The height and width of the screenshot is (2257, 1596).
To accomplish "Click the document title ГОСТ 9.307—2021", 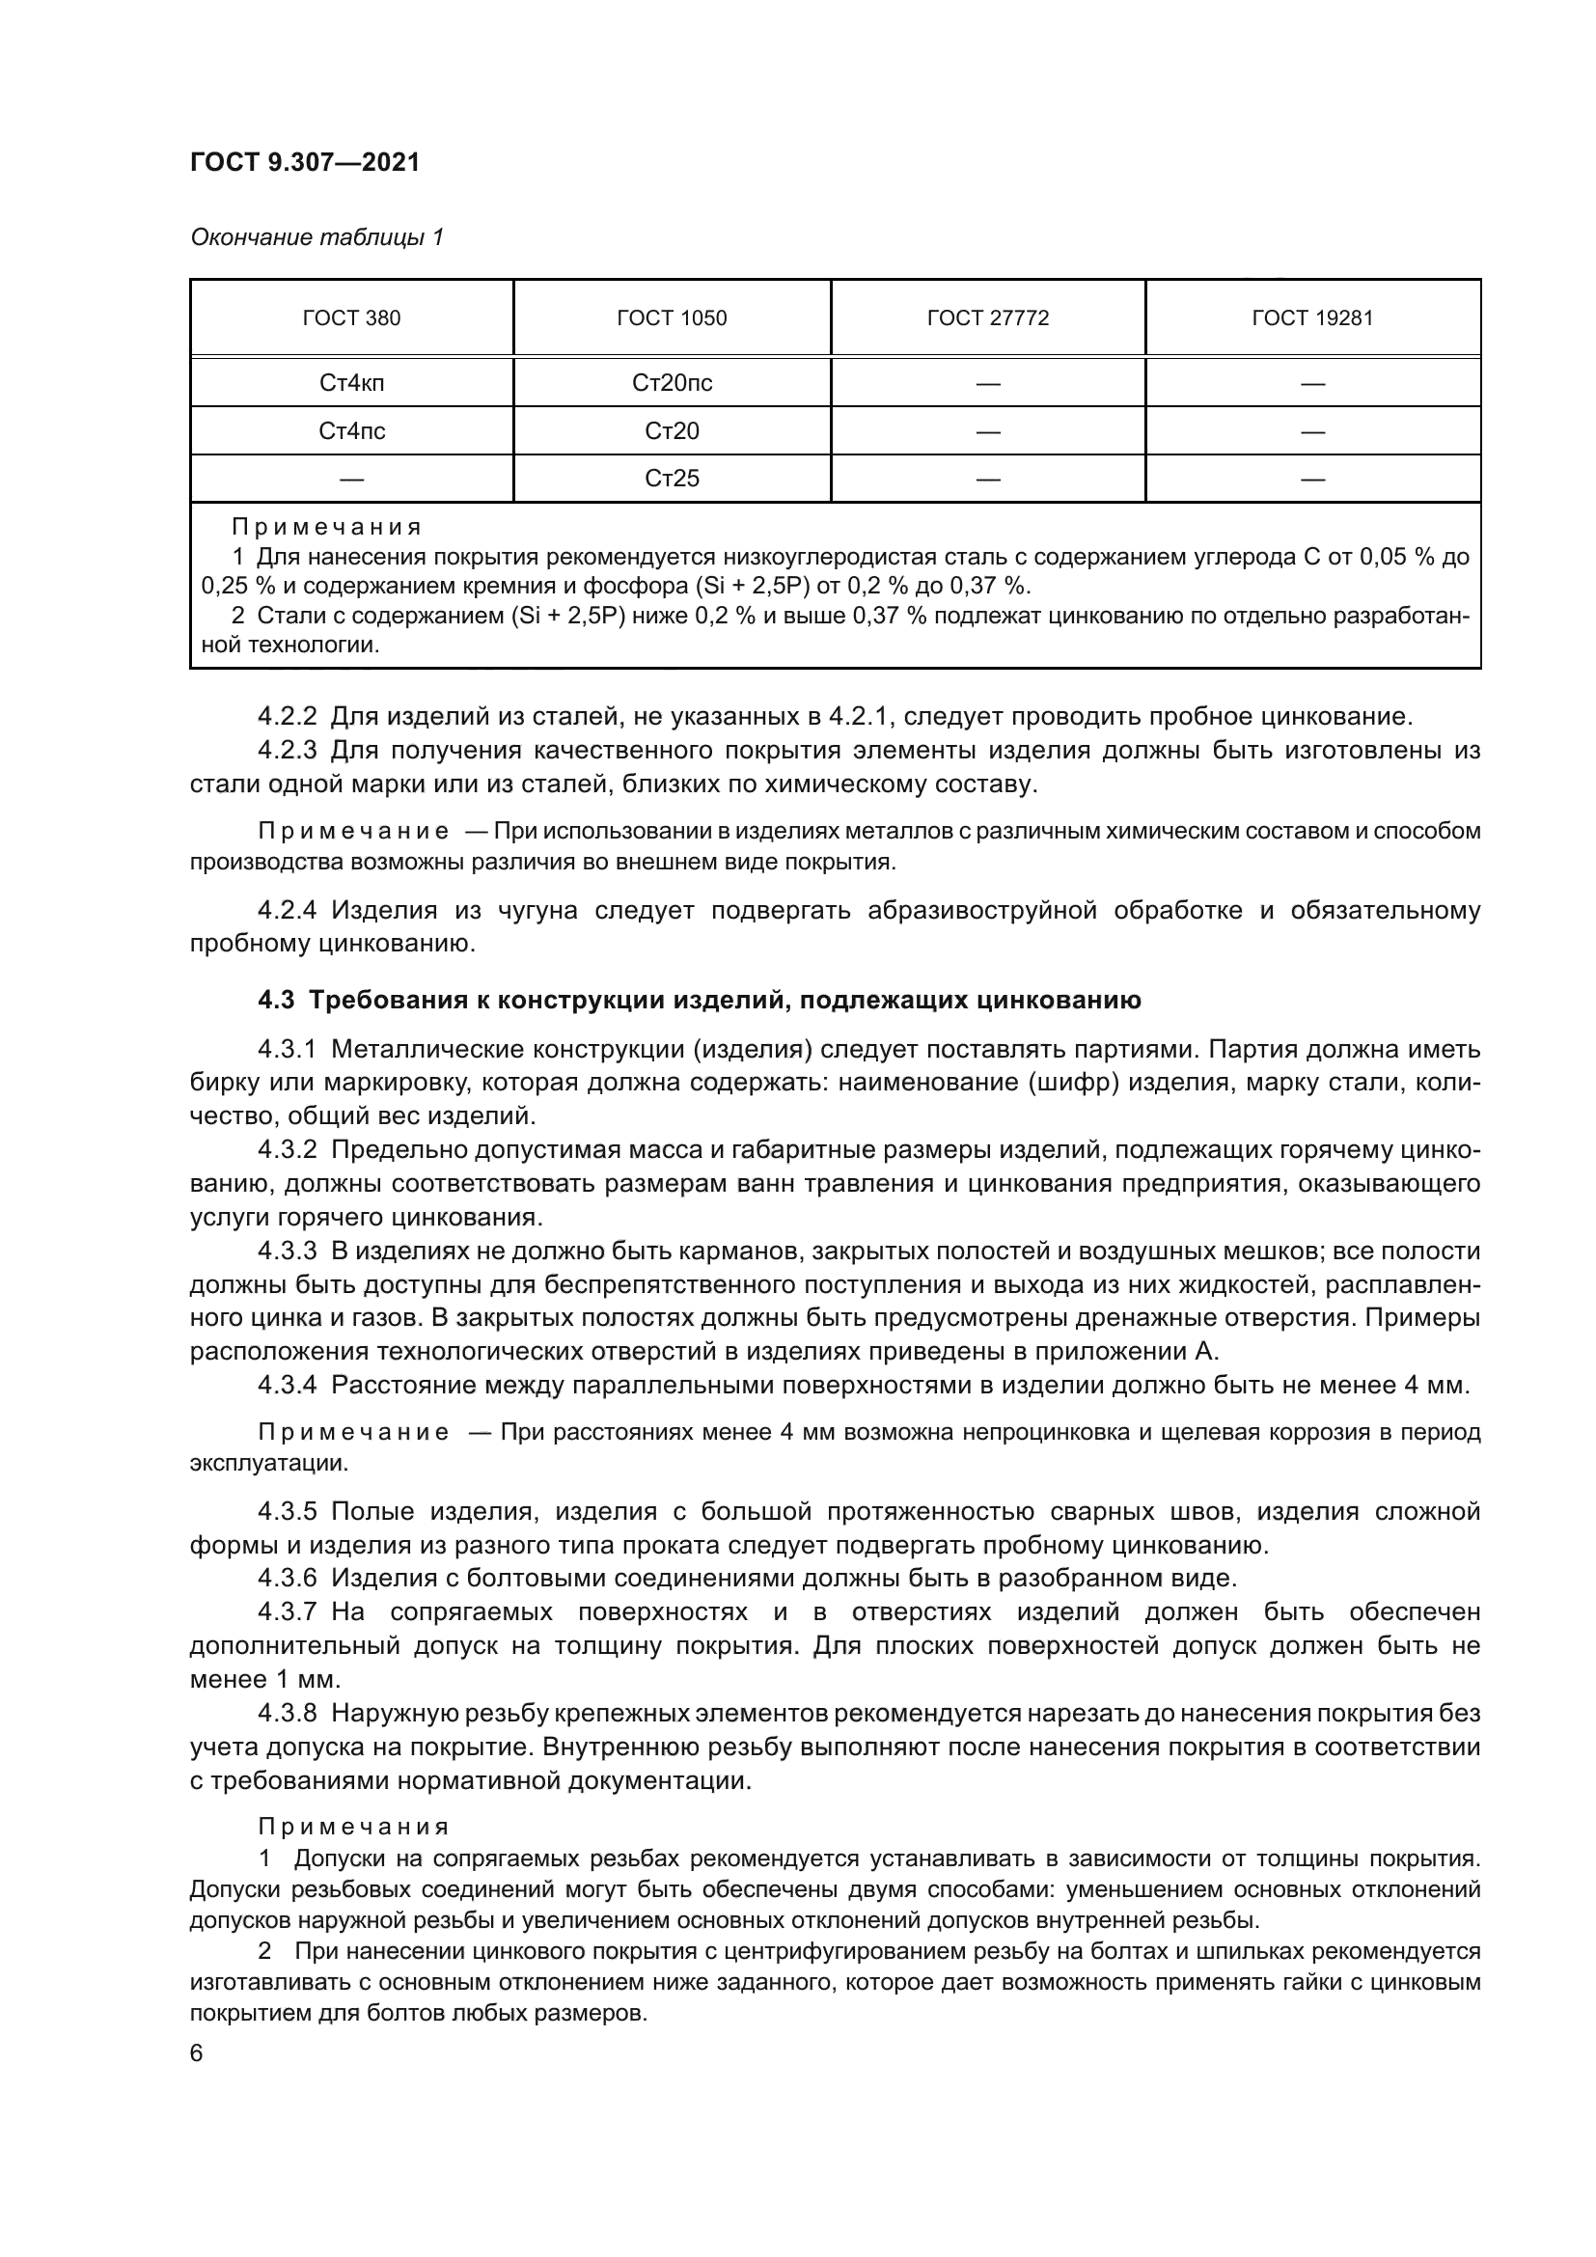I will (305, 162).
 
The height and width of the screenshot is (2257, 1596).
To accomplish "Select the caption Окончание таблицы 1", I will (316, 237).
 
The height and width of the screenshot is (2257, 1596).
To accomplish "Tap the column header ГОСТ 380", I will (352, 318).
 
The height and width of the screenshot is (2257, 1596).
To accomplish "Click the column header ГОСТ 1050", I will (673, 318).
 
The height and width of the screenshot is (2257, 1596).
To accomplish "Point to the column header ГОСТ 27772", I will (988, 318).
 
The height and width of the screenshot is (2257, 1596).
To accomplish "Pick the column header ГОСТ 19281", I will (1312, 318).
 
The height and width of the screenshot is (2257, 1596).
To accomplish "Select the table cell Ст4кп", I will (352, 383).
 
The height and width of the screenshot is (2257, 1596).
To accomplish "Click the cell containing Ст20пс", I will (673, 383).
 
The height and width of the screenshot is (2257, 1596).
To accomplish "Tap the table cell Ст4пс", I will (352, 430).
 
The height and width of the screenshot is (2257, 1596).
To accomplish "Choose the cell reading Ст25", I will (673, 479).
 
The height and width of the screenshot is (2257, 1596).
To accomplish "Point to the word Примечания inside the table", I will (326, 528).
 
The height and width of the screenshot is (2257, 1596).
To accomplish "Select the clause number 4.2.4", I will (287, 910).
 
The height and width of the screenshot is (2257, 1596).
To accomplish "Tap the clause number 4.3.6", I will (287, 1579).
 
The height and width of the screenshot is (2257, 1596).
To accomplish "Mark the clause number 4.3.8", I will (287, 1714).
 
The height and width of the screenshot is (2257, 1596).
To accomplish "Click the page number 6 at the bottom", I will (197, 2053).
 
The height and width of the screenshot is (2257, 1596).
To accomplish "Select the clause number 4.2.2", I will (287, 716).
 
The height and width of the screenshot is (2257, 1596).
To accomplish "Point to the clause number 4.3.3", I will (287, 1252).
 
